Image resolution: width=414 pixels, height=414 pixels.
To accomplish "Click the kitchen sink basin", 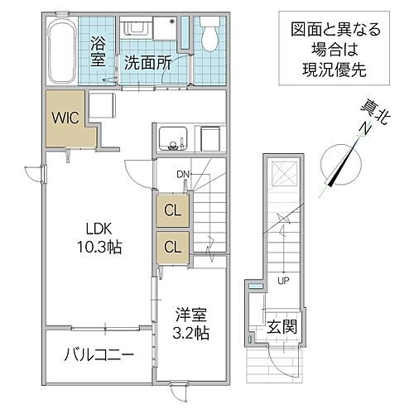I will (175, 139).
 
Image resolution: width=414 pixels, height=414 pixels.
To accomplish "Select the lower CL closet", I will (172, 246).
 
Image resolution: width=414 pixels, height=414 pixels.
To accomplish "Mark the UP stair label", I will (282, 279).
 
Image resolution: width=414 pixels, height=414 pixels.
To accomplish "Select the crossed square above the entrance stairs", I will (281, 174).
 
